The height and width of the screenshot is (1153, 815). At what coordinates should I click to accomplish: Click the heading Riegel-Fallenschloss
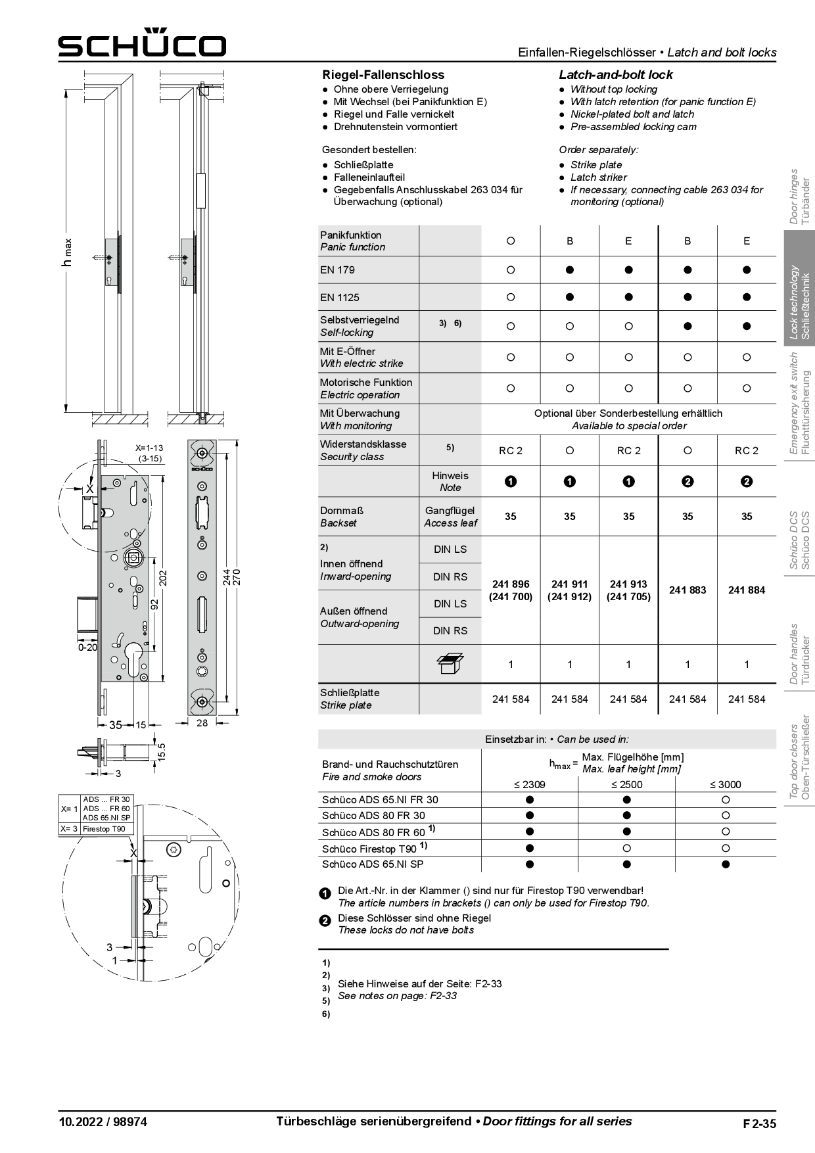click(383, 75)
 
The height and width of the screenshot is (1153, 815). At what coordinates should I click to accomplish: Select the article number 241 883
click(687, 590)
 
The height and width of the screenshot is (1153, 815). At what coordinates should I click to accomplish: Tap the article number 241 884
click(747, 590)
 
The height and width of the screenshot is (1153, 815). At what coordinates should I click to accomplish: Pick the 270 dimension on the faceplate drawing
click(238, 577)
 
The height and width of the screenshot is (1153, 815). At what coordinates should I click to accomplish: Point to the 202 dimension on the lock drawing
click(164, 578)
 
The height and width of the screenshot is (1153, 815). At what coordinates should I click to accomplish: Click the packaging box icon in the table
click(450, 664)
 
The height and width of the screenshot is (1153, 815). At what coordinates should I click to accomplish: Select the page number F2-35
click(759, 1123)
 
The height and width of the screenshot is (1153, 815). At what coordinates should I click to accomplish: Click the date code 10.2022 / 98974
click(103, 1122)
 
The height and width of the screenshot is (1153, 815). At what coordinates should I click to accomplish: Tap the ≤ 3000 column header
click(725, 784)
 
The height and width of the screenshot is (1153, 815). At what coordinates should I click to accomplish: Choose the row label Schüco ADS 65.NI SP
click(373, 864)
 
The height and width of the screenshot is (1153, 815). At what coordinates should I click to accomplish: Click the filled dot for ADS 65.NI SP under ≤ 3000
click(726, 864)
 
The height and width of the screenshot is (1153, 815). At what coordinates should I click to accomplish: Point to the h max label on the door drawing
click(67, 253)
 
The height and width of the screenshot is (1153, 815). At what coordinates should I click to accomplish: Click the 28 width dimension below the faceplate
click(202, 723)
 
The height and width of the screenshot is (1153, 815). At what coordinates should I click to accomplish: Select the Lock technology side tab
click(800, 302)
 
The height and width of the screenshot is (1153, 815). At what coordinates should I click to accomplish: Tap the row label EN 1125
click(340, 298)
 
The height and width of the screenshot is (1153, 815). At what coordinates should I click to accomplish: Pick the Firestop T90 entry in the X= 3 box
click(104, 829)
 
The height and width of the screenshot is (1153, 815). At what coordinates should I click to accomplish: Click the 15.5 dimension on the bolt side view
click(162, 751)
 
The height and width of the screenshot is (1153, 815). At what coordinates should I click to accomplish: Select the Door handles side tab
click(800, 654)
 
